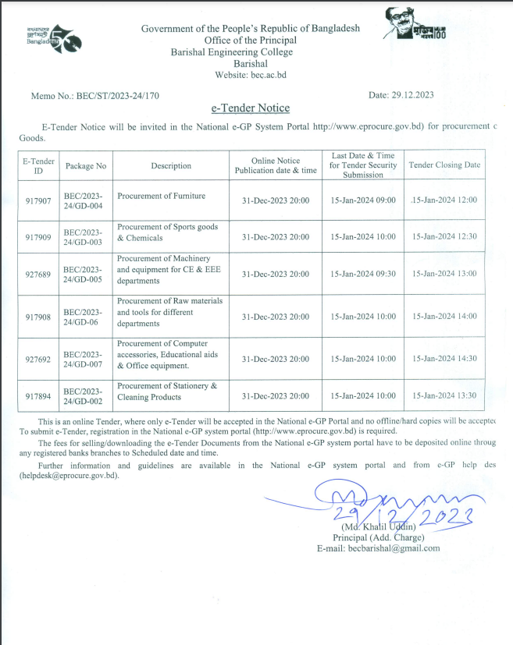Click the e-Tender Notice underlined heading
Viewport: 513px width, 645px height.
pyautogui.click(x=250, y=108)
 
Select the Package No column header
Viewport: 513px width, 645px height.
pyautogui.click(x=85, y=165)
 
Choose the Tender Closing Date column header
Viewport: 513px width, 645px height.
pyautogui.click(x=444, y=165)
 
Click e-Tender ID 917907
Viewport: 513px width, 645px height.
pyautogui.click(x=37, y=200)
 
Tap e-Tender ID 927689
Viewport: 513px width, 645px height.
pyautogui.click(x=37, y=275)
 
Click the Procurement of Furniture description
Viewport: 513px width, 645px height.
pyautogui.click(x=162, y=196)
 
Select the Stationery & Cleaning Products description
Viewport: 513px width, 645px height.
pyautogui.click(x=167, y=391)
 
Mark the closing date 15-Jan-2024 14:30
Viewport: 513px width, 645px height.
pyautogui.click(x=444, y=360)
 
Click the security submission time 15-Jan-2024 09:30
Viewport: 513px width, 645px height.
pyautogui.click(x=363, y=275)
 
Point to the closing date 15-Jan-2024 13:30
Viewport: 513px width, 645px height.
pyautogui.click(x=444, y=395)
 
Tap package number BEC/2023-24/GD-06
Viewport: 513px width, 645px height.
pyautogui.click(x=85, y=317)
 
